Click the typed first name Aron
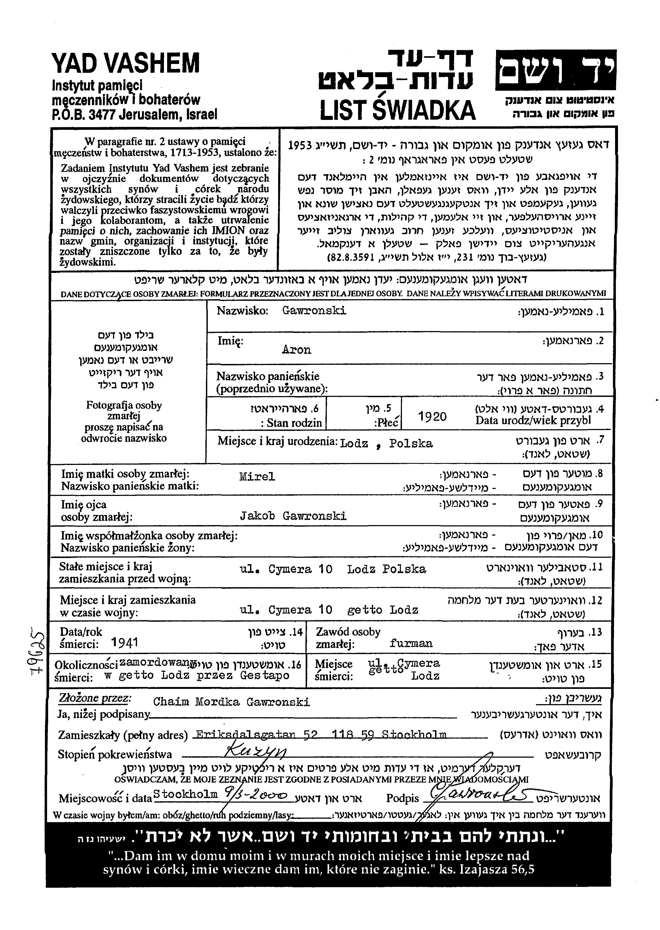(x=296, y=350)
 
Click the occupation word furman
(x=411, y=643)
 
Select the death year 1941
(x=124, y=643)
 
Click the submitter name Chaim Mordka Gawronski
(x=231, y=702)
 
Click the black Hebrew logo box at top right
(x=555, y=70)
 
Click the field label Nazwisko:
(x=242, y=311)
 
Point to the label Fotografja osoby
(x=124, y=405)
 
